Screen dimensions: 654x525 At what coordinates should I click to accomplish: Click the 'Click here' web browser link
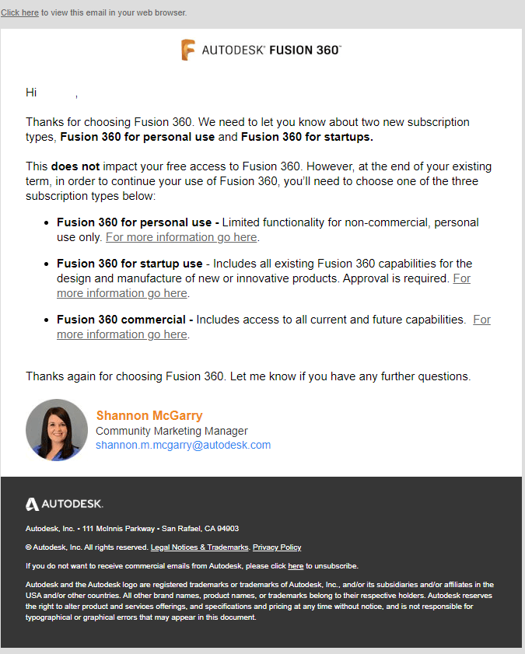point(19,13)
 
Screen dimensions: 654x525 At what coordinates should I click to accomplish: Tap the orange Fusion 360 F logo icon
point(187,50)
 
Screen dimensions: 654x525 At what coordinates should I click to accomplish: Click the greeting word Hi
point(31,93)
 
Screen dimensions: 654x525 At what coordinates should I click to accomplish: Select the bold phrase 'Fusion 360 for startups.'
point(306,138)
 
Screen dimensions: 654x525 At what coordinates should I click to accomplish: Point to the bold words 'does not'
point(75,166)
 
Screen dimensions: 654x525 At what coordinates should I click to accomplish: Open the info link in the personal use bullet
point(181,237)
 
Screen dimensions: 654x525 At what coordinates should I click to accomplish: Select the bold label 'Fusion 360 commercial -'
point(125,320)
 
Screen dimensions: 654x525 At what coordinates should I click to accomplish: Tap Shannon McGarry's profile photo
point(57,430)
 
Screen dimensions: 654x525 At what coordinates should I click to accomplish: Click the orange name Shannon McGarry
point(149,415)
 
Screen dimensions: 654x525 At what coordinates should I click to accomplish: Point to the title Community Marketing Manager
point(172,431)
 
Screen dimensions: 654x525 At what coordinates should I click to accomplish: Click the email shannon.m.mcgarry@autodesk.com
point(183,446)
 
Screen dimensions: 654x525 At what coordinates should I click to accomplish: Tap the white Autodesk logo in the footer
point(65,504)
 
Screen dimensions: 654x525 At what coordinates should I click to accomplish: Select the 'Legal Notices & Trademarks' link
point(199,547)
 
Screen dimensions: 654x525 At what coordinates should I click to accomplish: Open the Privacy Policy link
point(277,547)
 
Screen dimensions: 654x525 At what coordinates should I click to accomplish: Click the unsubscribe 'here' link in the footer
point(296,566)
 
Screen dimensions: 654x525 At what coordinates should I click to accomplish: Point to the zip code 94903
point(228,529)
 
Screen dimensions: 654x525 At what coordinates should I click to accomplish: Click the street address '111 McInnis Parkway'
point(115,529)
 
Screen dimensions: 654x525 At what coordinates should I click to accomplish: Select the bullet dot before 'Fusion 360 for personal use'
point(47,223)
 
